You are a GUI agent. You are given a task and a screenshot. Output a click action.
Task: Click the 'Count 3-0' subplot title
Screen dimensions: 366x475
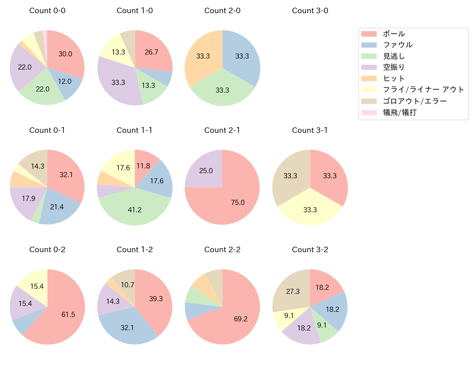[x=310, y=11]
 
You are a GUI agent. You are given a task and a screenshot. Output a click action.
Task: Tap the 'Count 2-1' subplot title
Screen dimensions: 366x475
[x=222, y=130]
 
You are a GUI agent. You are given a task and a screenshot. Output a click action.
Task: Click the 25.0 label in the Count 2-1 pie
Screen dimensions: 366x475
[x=206, y=171]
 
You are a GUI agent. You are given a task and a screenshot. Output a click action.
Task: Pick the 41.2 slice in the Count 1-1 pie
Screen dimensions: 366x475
[x=135, y=210]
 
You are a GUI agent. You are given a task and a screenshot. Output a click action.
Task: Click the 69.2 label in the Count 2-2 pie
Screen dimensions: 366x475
[x=241, y=319]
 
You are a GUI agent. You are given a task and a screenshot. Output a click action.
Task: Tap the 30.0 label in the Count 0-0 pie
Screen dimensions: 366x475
[x=65, y=54]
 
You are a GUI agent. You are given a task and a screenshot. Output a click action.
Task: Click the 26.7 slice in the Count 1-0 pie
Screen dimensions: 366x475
[x=152, y=52]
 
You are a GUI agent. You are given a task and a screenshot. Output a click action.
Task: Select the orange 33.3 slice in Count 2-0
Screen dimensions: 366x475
[x=203, y=56]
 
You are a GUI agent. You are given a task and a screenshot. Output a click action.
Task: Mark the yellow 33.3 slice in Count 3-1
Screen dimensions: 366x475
[x=310, y=210]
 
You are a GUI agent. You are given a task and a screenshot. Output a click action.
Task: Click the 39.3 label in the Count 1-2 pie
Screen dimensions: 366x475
[x=156, y=299]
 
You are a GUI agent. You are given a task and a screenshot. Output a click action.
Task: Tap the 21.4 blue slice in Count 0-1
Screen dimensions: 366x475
[x=57, y=207]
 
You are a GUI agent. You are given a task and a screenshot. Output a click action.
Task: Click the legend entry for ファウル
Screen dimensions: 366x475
[x=398, y=45]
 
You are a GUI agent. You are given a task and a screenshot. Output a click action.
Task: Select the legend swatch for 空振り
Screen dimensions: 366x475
[x=369, y=67]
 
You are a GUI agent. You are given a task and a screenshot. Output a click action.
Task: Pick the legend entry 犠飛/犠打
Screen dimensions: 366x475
[x=399, y=113]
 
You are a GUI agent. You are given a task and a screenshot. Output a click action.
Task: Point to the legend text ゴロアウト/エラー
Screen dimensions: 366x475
[x=415, y=101]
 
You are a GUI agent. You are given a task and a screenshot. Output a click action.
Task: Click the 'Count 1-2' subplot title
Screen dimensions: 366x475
[x=135, y=250]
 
